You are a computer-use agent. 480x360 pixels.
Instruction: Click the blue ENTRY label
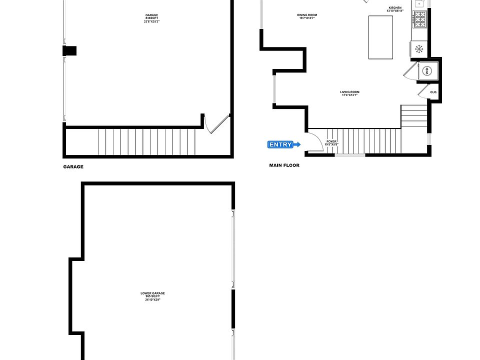tap(281, 145)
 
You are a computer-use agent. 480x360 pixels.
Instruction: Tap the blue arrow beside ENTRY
tap(297, 145)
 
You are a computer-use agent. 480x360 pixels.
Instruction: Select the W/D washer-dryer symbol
tap(427, 71)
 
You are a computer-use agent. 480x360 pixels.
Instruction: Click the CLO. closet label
tap(433, 92)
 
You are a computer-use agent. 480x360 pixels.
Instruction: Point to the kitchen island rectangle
tap(381, 37)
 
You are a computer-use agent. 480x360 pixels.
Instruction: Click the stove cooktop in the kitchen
tap(419, 20)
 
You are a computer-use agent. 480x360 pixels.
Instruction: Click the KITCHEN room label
tap(395, 8)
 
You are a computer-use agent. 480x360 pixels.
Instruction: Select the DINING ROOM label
tap(307, 15)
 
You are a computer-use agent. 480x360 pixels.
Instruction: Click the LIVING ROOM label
tap(350, 92)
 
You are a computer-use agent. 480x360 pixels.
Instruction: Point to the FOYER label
tap(331, 141)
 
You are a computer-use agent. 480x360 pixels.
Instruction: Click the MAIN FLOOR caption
tap(284, 165)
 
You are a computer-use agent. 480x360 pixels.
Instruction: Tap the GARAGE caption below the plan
tap(73, 167)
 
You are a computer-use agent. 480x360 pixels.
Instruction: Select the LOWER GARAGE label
tap(152, 293)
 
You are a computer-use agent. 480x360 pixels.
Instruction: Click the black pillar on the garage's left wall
tap(69, 50)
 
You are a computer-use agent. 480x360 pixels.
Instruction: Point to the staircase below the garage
tap(145, 142)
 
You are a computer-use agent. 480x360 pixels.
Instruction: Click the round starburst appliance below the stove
tap(419, 48)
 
